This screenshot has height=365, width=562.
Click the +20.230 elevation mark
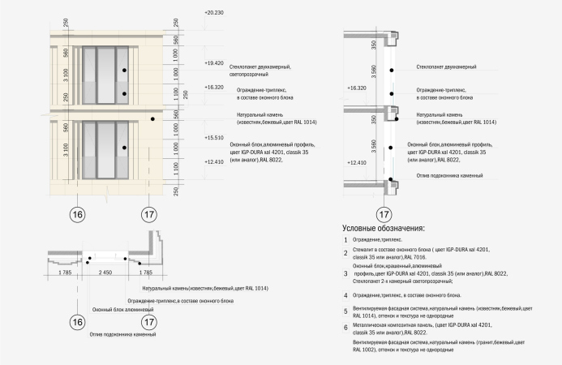[x=214, y=13]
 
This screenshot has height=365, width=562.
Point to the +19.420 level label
[x=214, y=62]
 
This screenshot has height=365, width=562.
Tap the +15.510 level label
[x=214, y=138]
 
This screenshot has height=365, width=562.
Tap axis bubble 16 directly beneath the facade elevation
[x=77, y=215]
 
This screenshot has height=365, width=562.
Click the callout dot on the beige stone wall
[x=152, y=119]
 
